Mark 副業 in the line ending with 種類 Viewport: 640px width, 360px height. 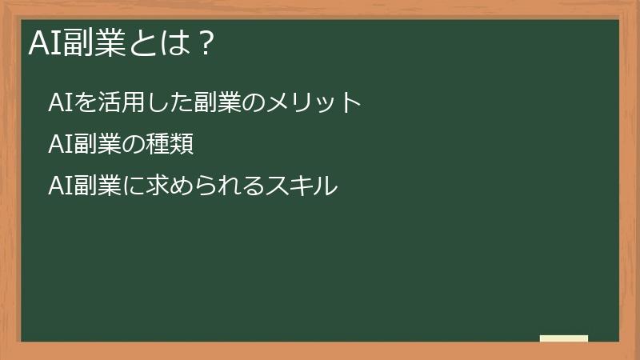(x=98, y=145)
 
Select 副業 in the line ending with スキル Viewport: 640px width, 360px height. (x=98, y=186)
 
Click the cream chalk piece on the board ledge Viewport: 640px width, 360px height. (x=564, y=338)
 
